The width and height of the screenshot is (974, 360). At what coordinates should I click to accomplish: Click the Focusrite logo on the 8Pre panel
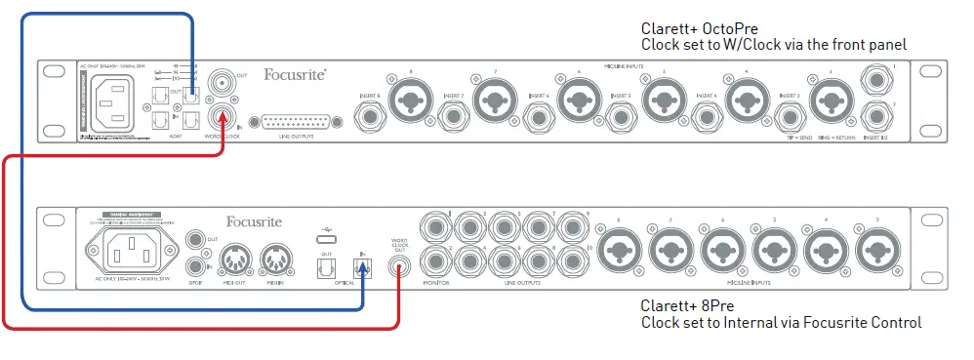point(254,221)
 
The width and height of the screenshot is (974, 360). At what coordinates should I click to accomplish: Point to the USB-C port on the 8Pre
point(324,239)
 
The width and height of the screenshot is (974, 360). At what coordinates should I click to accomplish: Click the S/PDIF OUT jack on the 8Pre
point(194,238)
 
